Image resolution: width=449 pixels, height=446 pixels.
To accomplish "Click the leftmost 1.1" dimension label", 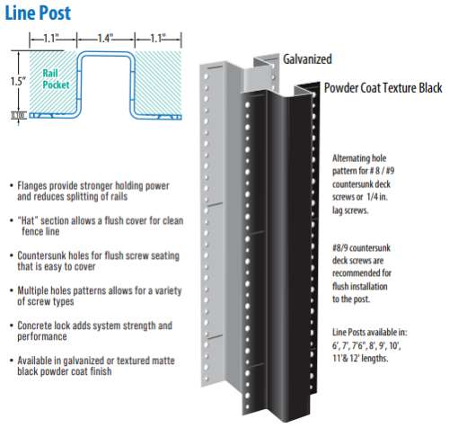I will (x=44, y=40).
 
